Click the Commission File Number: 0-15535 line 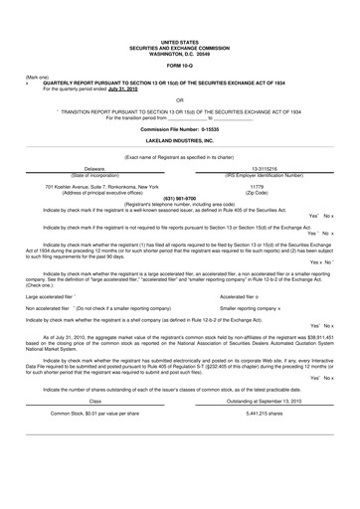click(179, 129)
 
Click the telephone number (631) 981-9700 click(179, 198)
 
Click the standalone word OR click(179, 100)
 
